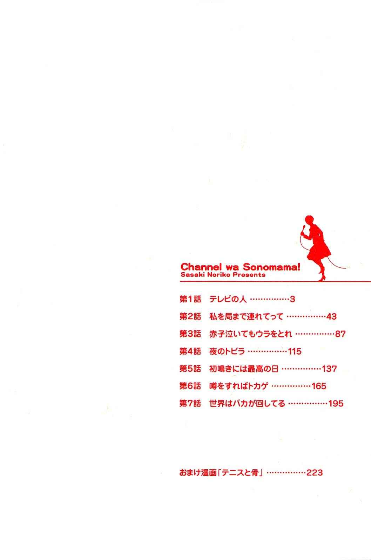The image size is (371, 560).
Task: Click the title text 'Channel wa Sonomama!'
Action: tap(240, 267)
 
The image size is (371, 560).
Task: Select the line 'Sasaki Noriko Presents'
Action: tap(223, 275)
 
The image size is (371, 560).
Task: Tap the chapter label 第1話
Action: tap(190, 299)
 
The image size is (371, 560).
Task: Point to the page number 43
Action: tap(331, 316)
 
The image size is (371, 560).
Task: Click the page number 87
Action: tap(340, 334)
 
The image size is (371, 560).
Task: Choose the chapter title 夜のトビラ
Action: tap(227, 351)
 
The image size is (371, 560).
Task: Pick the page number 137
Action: tap(329, 369)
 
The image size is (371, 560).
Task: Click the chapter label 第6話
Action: tap(190, 386)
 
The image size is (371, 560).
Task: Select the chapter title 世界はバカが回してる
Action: tap(247, 404)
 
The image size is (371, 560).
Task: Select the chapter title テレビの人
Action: tap(228, 299)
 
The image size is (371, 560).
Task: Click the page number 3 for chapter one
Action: tap(292, 299)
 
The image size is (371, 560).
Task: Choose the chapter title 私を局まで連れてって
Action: tap(246, 316)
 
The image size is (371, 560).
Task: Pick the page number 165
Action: tap(319, 386)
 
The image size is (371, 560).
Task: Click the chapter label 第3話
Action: tap(190, 334)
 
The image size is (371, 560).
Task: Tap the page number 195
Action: tap(336, 404)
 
